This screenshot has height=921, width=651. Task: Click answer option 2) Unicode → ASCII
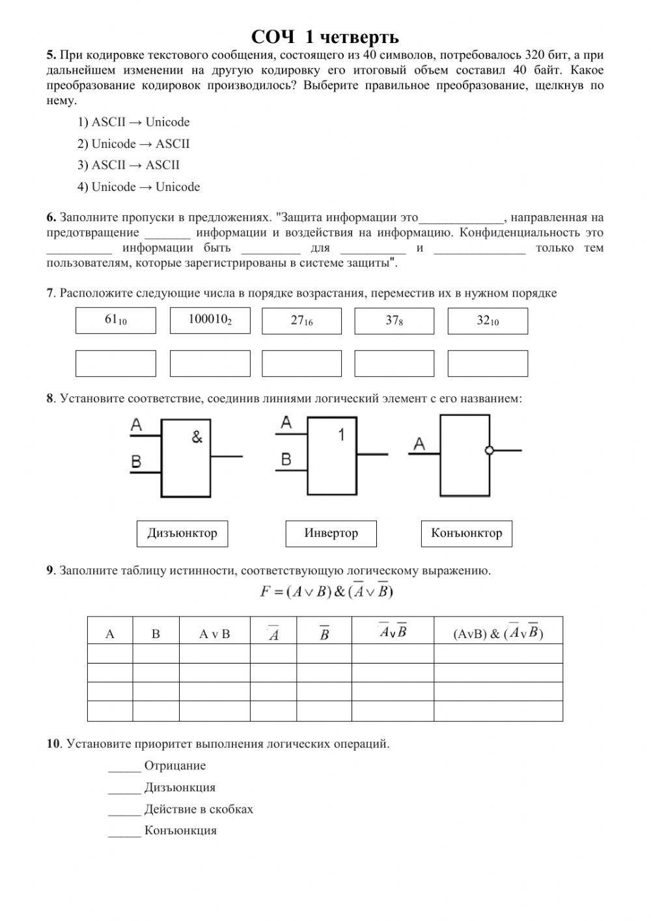pos(133,144)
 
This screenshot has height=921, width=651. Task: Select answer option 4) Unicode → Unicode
pos(139,187)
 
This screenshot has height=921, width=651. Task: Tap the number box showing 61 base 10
pos(116,321)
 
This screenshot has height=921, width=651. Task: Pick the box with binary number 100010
pos(210,321)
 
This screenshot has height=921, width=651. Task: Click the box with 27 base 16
pos(301,321)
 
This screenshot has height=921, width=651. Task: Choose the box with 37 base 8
pos(394,321)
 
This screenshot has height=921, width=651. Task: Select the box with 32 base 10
pos(488,321)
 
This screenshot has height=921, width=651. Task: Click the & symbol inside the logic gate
pos(197,437)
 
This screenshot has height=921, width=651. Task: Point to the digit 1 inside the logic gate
pos(341,435)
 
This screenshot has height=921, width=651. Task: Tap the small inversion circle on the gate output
pos(490,450)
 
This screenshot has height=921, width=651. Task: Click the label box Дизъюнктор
pos(182,533)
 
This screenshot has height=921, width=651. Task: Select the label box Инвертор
pos(331,533)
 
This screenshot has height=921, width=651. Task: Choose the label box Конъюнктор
pos(466,533)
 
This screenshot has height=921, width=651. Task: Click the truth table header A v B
pos(214,634)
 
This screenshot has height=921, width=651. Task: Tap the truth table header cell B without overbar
pos(156,634)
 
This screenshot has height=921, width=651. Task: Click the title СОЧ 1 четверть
pos(325,37)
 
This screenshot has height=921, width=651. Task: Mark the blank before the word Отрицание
pos(124,767)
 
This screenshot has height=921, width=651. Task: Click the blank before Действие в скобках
pos(124,810)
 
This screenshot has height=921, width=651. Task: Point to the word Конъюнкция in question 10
pos(180,831)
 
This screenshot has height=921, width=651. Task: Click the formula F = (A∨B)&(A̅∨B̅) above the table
pos(325,592)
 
